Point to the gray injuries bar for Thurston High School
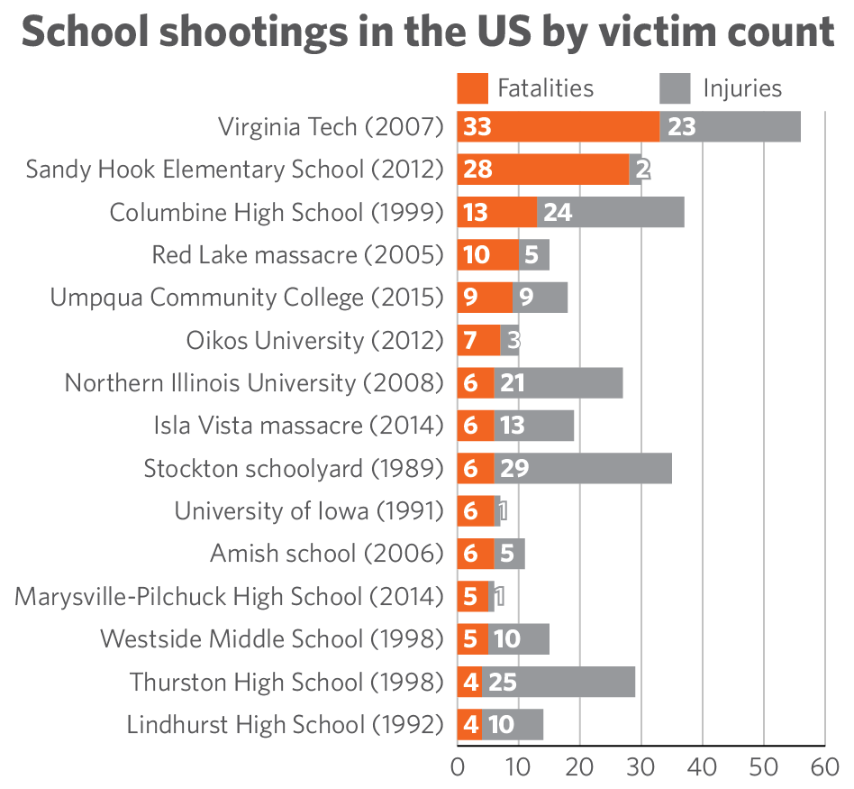click(x=577, y=682)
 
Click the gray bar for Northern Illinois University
click(x=577, y=383)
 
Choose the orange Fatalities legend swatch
click(x=472, y=88)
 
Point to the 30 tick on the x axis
click(x=640, y=768)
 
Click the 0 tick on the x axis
click(x=458, y=768)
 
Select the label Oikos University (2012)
click(x=315, y=341)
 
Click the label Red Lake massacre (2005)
click(x=298, y=255)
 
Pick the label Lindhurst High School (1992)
click(x=286, y=724)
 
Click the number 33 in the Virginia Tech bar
click(x=477, y=127)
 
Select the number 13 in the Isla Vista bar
click(x=512, y=426)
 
